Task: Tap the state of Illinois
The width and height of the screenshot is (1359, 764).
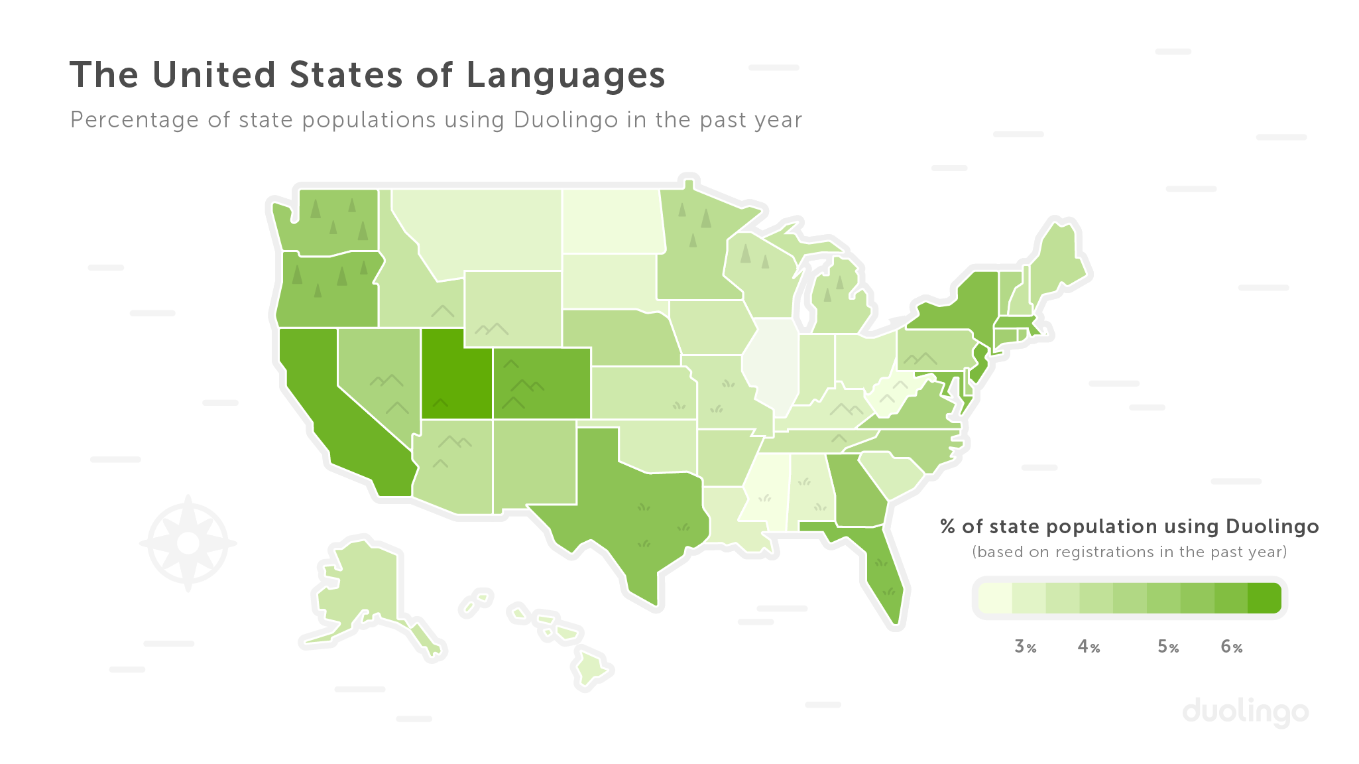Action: (x=772, y=365)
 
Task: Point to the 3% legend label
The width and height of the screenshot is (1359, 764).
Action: (x=1025, y=647)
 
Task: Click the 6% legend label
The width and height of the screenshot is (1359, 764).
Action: (x=1231, y=647)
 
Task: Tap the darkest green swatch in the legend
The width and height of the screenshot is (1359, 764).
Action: (x=1264, y=598)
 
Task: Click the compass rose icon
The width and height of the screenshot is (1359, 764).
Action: (x=188, y=543)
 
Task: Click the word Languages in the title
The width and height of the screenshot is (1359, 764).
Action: (x=565, y=75)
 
